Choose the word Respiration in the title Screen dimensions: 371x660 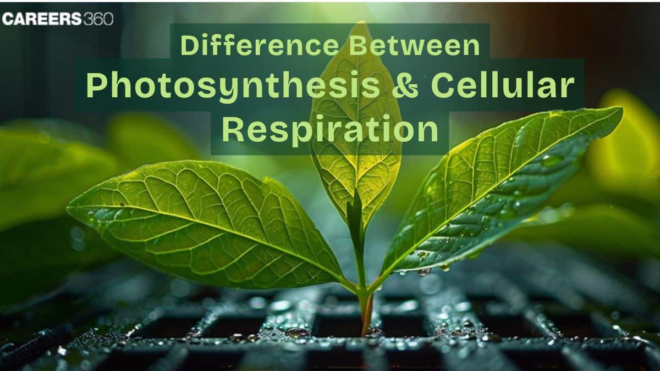point(330,131)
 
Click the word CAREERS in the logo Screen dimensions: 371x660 point(41,19)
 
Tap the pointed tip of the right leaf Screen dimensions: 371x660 point(621,109)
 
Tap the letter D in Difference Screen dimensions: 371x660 point(188,46)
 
